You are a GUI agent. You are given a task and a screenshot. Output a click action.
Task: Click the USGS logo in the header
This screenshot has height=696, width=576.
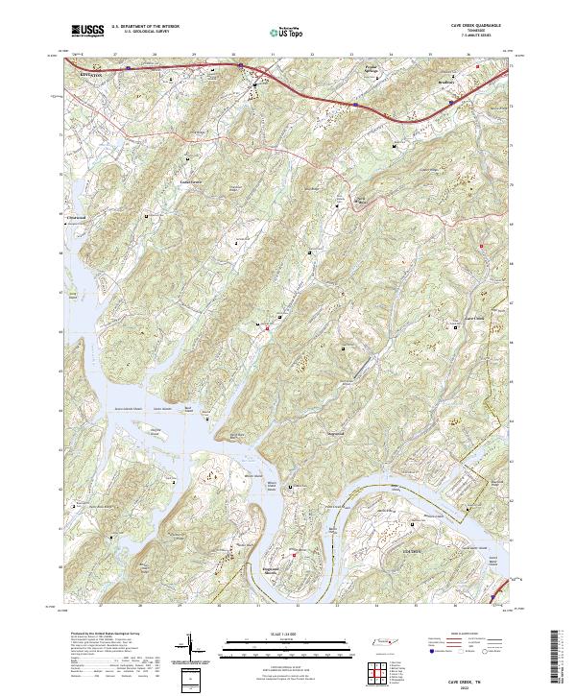[87, 31]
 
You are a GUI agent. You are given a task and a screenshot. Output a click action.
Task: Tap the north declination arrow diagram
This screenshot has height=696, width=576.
[189, 648]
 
